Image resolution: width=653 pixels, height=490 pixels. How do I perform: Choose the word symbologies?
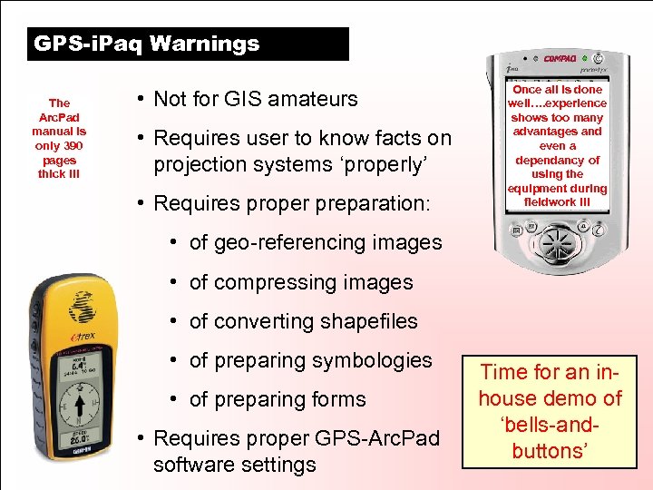tap(372, 360)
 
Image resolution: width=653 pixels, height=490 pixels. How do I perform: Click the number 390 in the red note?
tap(70, 145)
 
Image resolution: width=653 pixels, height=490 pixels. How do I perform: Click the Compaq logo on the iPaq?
tap(560, 59)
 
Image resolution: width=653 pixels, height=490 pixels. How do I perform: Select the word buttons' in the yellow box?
tap(551, 451)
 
